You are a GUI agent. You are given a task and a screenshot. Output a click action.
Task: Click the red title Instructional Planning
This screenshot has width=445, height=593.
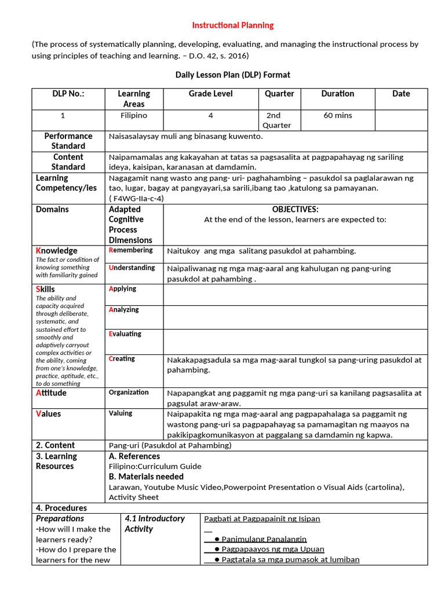[x=233, y=25]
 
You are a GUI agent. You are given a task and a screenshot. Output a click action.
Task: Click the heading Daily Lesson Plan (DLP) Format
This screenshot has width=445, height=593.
[x=233, y=75]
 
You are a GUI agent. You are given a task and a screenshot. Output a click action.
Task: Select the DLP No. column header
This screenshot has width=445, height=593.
[x=63, y=94]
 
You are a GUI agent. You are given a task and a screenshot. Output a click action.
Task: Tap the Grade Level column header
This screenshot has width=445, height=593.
[x=210, y=94]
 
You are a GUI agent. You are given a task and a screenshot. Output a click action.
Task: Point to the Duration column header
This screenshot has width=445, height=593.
[x=338, y=94]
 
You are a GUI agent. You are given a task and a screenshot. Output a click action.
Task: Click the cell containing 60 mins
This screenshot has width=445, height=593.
[x=338, y=116]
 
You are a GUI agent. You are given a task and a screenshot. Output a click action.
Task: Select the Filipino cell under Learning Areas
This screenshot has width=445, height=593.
[x=134, y=116]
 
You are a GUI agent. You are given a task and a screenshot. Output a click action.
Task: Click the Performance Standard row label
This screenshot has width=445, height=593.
[x=68, y=141]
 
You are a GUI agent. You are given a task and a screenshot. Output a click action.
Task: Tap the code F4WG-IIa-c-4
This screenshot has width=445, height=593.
[x=136, y=198]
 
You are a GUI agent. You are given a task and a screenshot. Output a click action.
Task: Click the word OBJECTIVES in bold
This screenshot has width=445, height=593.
[x=295, y=210]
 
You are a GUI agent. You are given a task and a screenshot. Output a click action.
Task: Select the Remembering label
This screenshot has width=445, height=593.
[x=131, y=250]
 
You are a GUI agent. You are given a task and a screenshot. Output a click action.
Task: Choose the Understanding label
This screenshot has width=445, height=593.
[x=132, y=268]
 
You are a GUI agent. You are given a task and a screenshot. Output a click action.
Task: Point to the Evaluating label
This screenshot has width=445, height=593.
[x=125, y=334]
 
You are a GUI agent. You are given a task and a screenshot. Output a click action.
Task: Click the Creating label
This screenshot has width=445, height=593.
[x=122, y=359]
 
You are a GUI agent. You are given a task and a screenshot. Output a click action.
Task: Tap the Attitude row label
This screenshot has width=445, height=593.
[x=52, y=393]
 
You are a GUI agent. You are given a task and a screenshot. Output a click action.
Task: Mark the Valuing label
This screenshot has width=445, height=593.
[x=121, y=413]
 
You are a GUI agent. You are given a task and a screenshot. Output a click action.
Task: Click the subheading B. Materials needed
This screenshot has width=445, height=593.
[x=146, y=477]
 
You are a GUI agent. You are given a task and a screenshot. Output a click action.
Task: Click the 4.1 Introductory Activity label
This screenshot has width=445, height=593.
[x=155, y=524]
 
